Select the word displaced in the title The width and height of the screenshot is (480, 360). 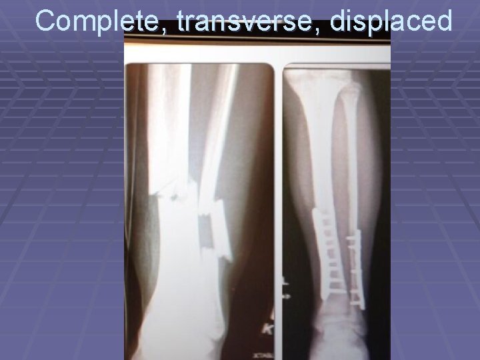[x=391, y=21]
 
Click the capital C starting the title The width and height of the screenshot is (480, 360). [x=46, y=21]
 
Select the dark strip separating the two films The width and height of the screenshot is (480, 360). [x=279, y=200]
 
